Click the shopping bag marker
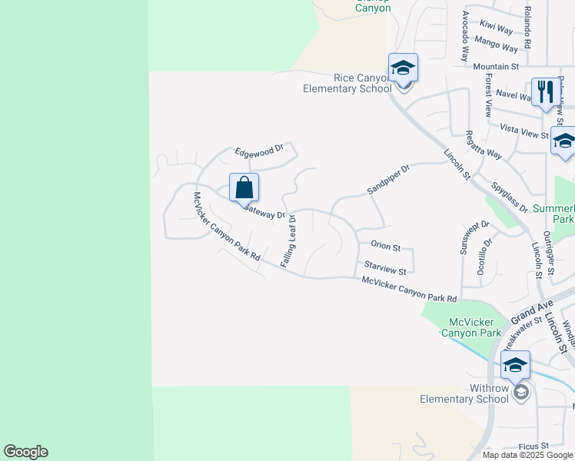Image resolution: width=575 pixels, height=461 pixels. click(x=244, y=187)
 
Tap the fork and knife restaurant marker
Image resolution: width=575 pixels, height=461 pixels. click(x=545, y=92)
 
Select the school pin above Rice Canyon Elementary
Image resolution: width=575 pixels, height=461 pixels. click(x=403, y=69)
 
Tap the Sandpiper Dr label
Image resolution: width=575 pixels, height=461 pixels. click(x=388, y=179)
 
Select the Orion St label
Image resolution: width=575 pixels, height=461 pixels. click(x=386, y=247)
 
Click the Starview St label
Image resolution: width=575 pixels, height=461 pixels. click(x=384, y=269)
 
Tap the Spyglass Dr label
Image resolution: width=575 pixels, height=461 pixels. click(x=508, y=198)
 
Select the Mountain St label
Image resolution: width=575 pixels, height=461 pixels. click(x=496, y=68)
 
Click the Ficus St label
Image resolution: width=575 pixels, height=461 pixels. click(x=533, y=446)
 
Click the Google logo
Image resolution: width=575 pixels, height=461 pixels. click(x=25, y=452)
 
